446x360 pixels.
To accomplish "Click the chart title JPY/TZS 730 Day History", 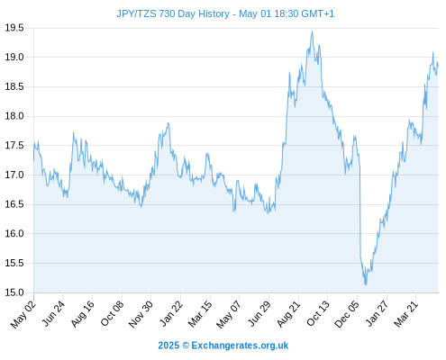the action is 173,13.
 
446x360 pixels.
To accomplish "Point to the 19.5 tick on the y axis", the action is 14,28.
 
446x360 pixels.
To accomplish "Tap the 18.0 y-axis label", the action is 14,116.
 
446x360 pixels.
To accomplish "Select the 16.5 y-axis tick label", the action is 14,204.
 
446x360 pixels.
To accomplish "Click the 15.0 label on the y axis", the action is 14,292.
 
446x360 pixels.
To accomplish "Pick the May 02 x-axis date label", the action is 23,315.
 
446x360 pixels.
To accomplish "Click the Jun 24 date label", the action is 53,314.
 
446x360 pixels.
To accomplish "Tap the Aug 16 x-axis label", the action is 82,314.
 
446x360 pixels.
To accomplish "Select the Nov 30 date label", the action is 141,314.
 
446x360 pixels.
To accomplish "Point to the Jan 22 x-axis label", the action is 170,314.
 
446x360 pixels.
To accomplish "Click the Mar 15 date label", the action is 200,314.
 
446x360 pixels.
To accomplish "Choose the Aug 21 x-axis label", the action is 288,314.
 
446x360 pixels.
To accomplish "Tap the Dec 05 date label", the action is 347,314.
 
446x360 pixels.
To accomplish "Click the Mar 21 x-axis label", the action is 405,314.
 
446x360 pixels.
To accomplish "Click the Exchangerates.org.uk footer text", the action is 240,346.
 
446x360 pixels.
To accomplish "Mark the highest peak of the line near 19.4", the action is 313,31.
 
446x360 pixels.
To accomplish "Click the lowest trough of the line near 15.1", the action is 366,285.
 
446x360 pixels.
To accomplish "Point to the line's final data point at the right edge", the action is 438,67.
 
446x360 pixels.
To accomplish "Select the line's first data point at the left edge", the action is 33,160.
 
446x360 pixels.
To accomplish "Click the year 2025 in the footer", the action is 168,346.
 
